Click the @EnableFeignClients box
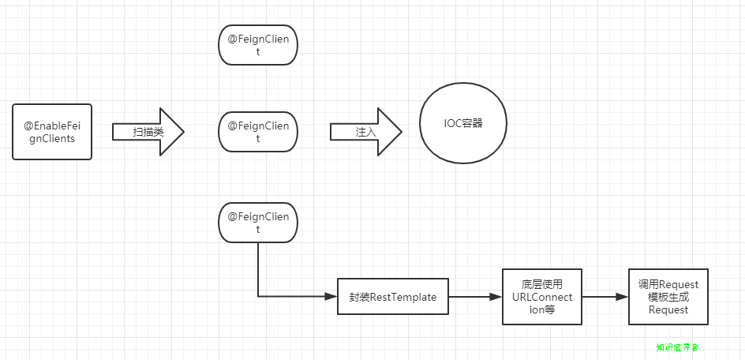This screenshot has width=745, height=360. (53, 132)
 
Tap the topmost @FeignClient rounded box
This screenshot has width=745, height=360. (258, 45)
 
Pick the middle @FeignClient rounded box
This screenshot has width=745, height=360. (258, 132)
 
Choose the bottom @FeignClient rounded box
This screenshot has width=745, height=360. (258, 223)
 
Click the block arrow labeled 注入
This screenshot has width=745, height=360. (365, 132)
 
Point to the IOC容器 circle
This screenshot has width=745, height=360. (462, 125)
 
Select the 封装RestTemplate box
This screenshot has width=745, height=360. (392, 297)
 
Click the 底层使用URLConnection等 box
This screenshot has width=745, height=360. (542, 297)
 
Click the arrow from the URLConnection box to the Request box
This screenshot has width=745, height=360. (605, 297)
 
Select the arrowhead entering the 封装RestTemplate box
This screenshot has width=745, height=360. (331, 297)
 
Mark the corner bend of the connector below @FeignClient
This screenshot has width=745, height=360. (258, 297)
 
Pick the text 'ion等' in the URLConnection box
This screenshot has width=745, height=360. (542, 309)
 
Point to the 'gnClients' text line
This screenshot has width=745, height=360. (53, 139)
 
